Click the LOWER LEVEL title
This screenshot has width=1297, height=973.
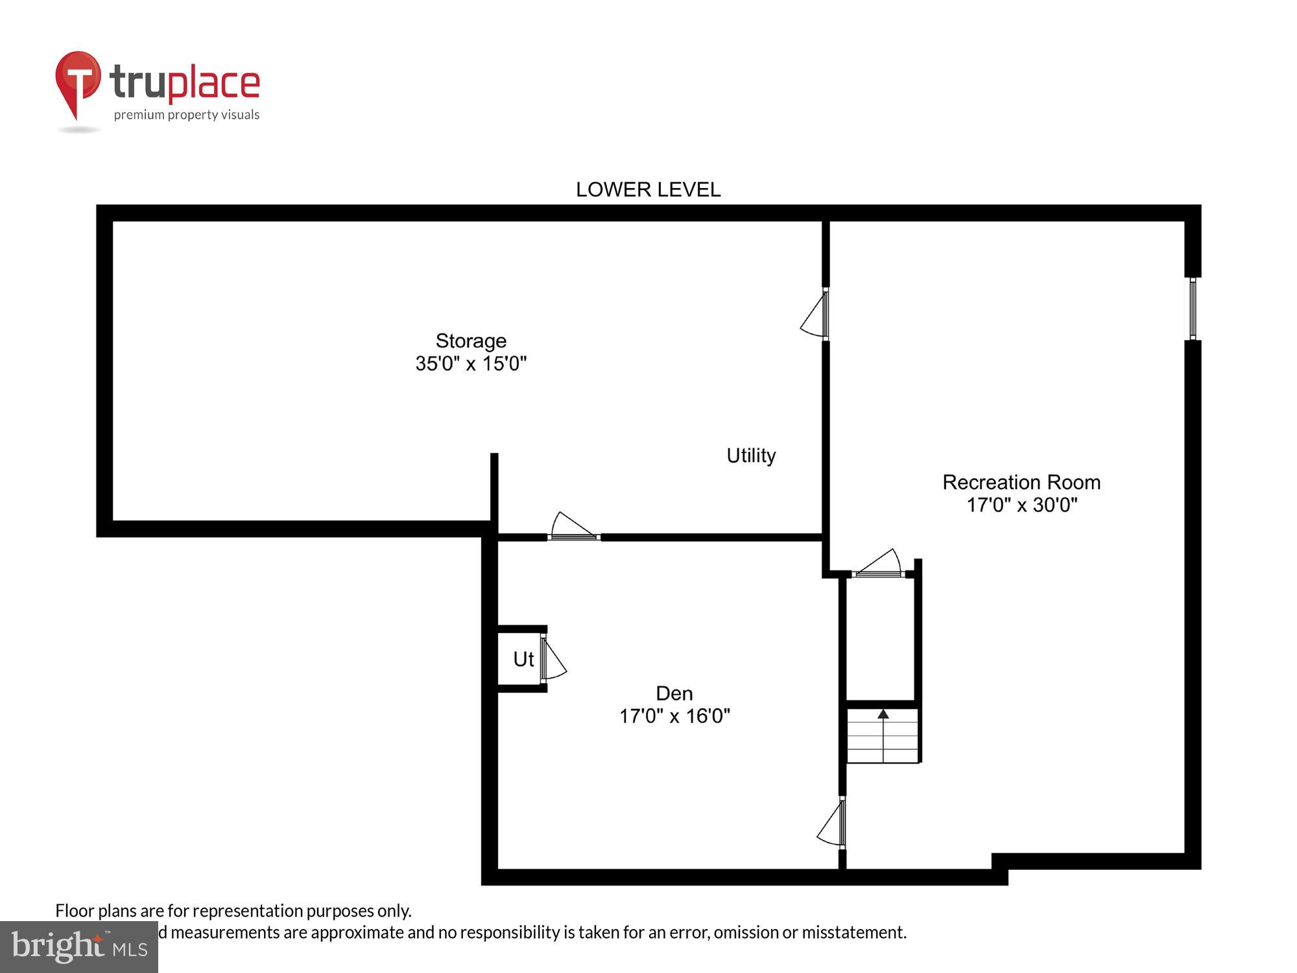pos(648,189)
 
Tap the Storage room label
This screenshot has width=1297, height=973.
pos(471,341)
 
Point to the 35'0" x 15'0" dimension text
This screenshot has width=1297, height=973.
pos(471,363)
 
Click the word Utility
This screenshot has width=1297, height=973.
pos(751,455)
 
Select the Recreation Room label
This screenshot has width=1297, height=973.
pos(1021,482)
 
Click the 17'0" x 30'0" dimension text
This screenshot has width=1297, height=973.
pos(1021,505)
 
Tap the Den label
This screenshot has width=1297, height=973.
pos(674,693)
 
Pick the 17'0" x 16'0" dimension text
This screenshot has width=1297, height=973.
pos(674,716)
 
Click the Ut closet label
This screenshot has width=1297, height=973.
pos(523,659)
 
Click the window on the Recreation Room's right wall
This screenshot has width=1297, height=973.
pos(1192,309)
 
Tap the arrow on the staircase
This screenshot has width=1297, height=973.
pos(883,714)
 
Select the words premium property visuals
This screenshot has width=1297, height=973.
pos(187,115)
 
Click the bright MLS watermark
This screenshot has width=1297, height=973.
pos(79,947)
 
